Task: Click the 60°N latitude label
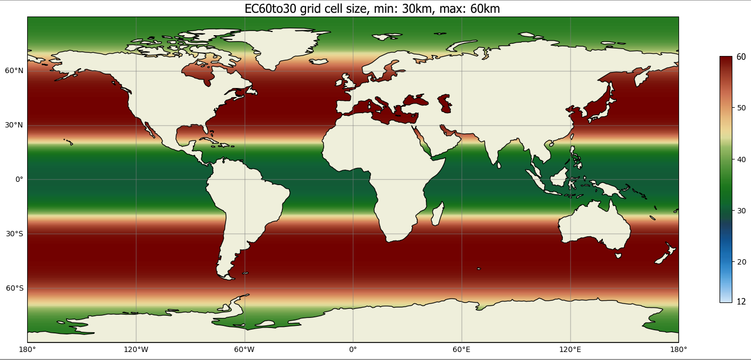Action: point(15,71)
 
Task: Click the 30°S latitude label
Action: point(15,234)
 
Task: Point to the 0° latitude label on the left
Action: point(19,180)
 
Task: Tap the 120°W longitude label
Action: point(136,350)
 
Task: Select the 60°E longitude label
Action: point(462,350)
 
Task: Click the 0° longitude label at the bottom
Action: point(353,350)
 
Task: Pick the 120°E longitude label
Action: point(570,350)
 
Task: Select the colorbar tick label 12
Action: point(741,302)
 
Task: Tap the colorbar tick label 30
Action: point(741,211)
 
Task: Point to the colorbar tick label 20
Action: point(741,262)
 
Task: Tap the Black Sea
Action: point(416,100)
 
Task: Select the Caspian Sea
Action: point(445,103)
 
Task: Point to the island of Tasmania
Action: point(618,255)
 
